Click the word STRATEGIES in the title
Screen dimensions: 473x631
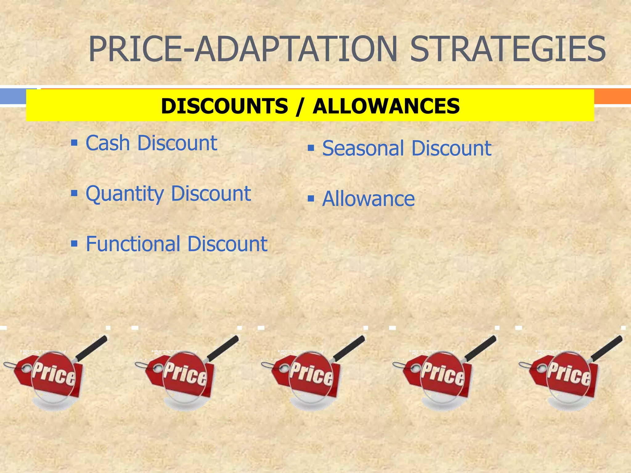pyautogui.click(x=508, y=49)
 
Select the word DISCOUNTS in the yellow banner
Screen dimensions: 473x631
pyautogui.click(x=224, y=106)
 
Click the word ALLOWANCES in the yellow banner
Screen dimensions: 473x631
pyautogui.click(x=386, y=106)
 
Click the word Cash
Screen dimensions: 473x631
pyautogui.click(x=108, y=143)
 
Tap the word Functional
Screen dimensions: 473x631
pyautogui.click(x=133, y=244)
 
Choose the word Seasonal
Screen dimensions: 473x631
pyautogui.click(x=363, y=148)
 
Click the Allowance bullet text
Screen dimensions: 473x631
pyautogui.click(x=368, y=199)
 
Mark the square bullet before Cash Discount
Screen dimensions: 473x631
pyautogui.click(x=74, y=143)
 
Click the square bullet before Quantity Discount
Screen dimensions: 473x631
pyautogui.click(x=74, y=193)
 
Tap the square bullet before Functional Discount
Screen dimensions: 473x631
pyautogui.click(x=74, y=244)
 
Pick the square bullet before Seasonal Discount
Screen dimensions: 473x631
pyautogui.click(x=311, y=148)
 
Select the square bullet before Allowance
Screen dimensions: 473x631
pyautogui.click(x=311, y=198)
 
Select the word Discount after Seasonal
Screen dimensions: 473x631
pyautogui.click(x=451, y=148)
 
